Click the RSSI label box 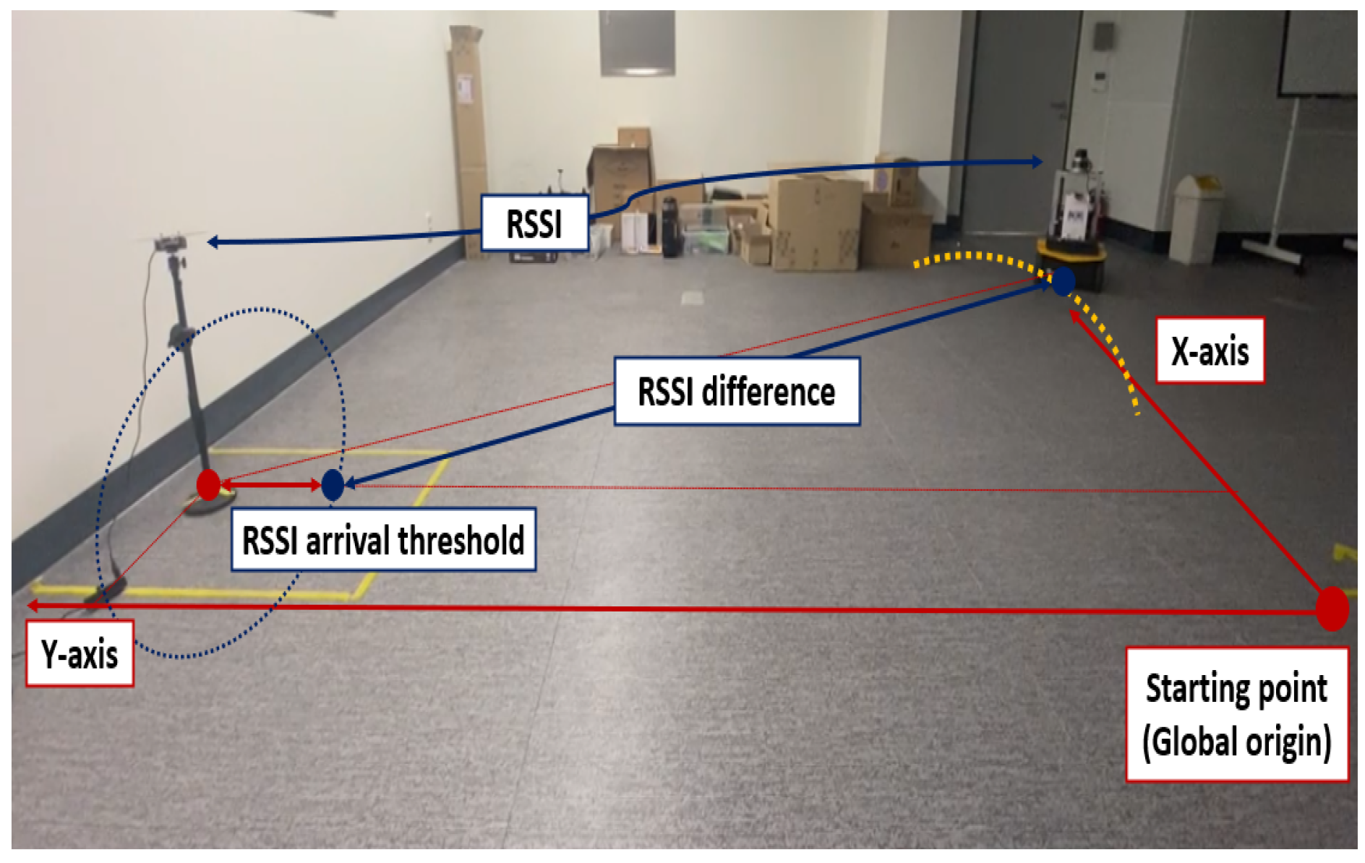click(x=534, y=223)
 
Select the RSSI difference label click(x=736, y=392)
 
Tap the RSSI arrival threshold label click(x=383, y=540)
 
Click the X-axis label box click(x=1210, y=351)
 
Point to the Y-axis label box click(x=80, y=653)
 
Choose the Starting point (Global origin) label click(x=1236, y=714)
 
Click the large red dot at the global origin click(x=1332, y=609)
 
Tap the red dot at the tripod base click(x=208, y=484)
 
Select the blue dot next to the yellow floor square click(x=333, y=484)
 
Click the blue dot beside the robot click(x=1063, y=280)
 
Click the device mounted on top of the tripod click(x=171, y=243)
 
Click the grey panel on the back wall click(x=637, y=43)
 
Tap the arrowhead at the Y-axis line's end click(x=33, y=606)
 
